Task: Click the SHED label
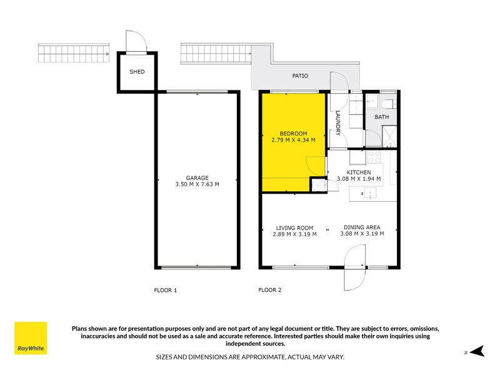click(137, 72)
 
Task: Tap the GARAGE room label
click(197, 177)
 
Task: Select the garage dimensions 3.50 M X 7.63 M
click(197, 184)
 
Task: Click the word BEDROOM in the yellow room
click(292, 134)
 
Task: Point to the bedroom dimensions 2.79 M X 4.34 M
click(292, 141)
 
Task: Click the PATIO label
click(301, 76)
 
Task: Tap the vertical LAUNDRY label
click(337, 123)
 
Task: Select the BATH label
click(381, 117)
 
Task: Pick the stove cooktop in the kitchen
click(374, 157)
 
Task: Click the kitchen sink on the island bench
click(369, 195)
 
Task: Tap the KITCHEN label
click(359, 172)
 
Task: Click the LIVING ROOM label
click(294, 227)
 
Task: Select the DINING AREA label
click(362, 227)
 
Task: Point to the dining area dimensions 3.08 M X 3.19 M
click(362, 234)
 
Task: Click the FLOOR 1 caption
click(166, 290)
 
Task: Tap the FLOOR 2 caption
click(270, 290)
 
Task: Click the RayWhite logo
click(31, 338)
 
